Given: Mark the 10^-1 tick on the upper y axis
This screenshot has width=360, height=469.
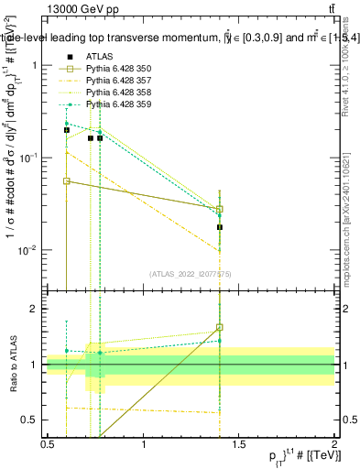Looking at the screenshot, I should (x=30, y=158).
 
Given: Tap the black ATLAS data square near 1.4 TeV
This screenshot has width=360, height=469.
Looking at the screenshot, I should (x=220, y=226).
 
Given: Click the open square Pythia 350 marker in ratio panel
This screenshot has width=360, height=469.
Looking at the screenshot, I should (x=220, y=327).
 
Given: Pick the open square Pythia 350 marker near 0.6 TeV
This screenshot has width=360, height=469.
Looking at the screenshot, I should (x=67, y=181).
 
